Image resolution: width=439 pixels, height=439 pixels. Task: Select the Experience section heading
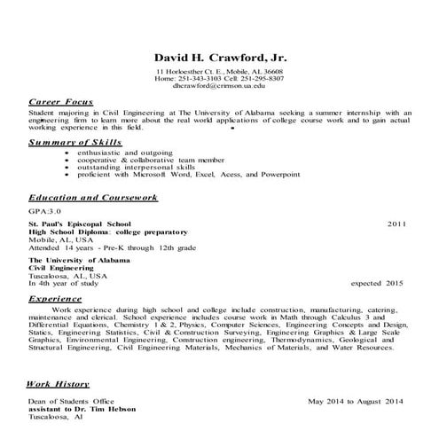[x=56, y=299]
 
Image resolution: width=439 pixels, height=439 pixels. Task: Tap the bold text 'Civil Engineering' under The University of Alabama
[x=63, y=268]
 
